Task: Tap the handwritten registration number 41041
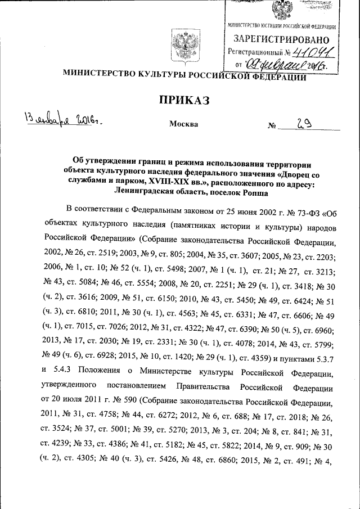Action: click(x=312, y=52)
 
